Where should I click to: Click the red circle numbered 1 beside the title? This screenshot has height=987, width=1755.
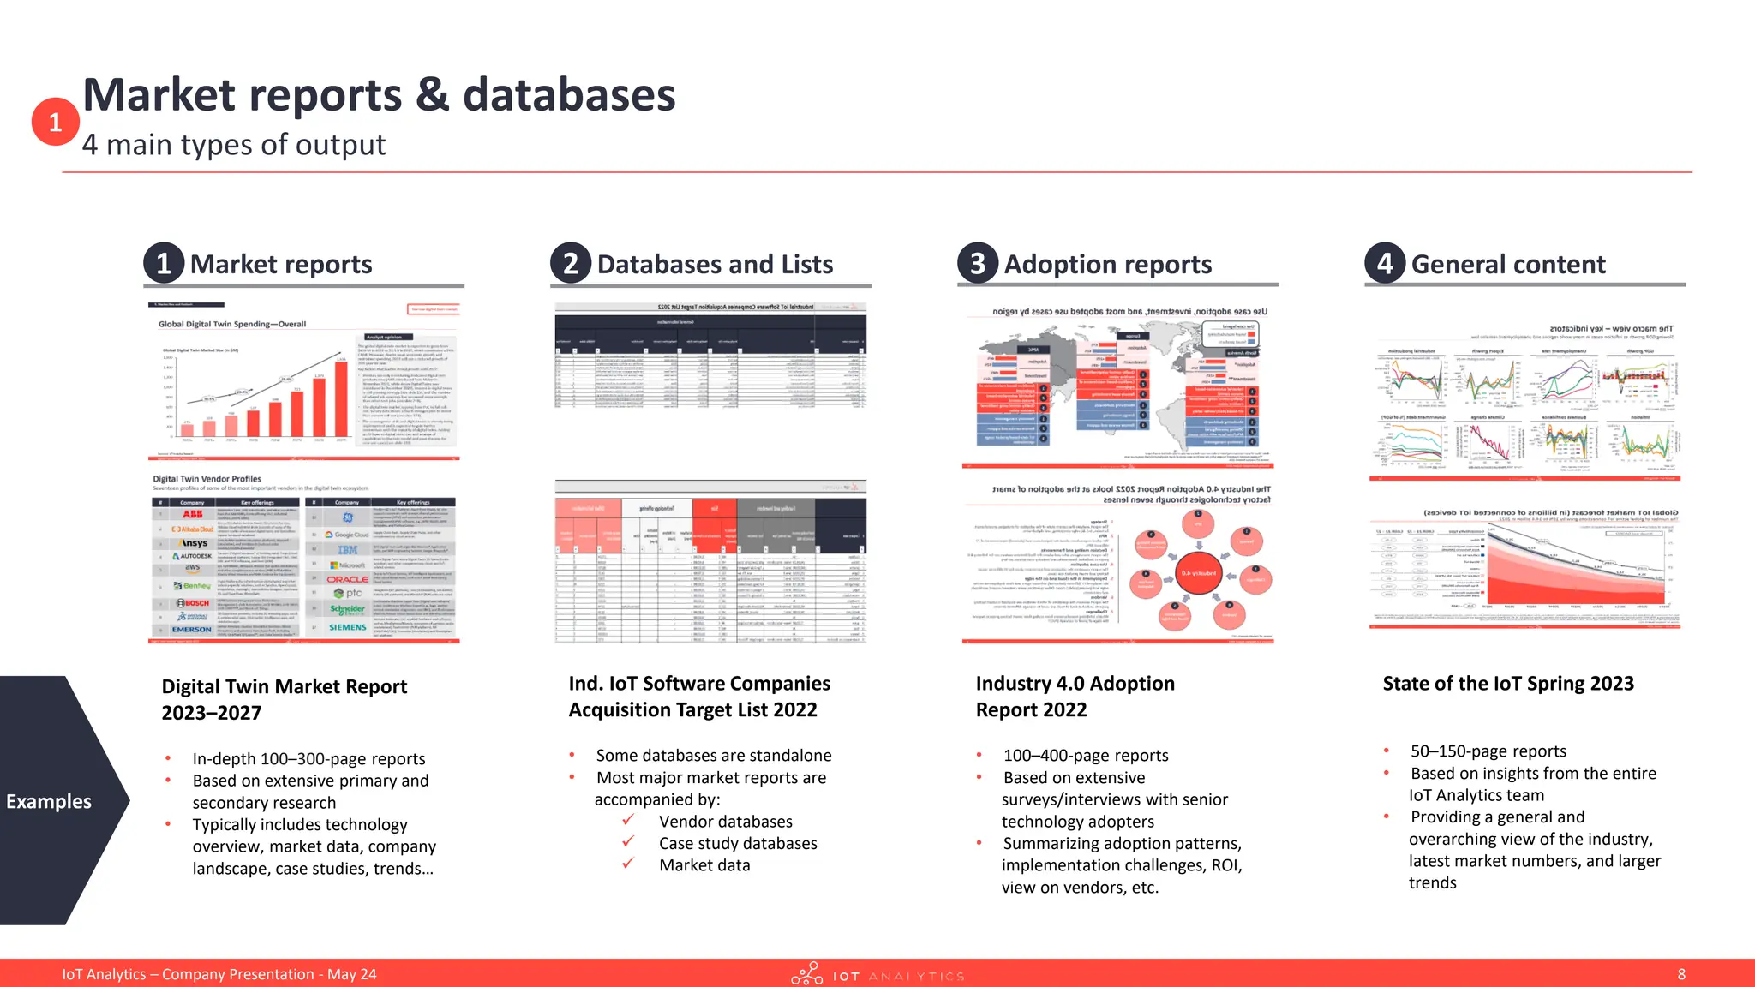click(x=55, y=122)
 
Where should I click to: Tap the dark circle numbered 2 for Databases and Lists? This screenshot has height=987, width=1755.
click(x=571, y=263)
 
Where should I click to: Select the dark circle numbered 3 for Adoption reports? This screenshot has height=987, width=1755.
click(x=978, y=263)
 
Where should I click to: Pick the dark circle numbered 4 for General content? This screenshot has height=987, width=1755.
click(x=1385, y=263)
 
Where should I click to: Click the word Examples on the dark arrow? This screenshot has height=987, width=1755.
click(x=49, y=801)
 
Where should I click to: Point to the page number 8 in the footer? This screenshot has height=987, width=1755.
click(x=1681, y=974)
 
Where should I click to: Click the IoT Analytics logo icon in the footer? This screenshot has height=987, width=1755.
click(x=806, y=974)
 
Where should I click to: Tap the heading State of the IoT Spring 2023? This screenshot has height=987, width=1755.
click(x=1508, y=684)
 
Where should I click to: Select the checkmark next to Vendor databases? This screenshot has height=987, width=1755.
click(x=628, y=820)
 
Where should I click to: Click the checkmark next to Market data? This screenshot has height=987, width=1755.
click(x=628, y=864)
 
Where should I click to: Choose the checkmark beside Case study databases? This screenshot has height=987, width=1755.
click(x=628, y=842)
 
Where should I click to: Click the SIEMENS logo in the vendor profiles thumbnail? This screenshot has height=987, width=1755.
click(x=347, y=627)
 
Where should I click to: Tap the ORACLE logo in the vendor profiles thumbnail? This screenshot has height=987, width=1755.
click(x=347, y=579)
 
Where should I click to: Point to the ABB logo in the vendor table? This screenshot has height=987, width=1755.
click(x=192, y=514)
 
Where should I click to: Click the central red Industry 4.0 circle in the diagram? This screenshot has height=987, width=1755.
click(x=1198, y=573)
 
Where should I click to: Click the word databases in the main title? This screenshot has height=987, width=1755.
click(x=569, y=95)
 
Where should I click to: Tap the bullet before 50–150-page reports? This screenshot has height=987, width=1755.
click(x=1386, y=751)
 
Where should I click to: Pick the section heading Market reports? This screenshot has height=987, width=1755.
click(x=281, y=265)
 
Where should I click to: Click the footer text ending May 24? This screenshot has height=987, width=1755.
click(x=219, y=974)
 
